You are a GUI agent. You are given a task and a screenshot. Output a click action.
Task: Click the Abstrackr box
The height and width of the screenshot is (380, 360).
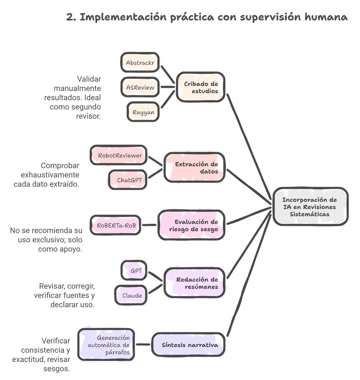click(x=140, y=63)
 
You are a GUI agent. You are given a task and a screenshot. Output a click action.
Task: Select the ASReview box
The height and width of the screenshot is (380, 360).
click(x=140, y=87)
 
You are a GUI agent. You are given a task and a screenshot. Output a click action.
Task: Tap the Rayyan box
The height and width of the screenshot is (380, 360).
click(x=143, y=111)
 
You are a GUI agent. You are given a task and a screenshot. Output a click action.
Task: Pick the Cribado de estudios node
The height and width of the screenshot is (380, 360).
click(x=201, y=87)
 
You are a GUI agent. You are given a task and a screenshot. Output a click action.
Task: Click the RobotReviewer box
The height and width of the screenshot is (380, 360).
click(x=118, y=155)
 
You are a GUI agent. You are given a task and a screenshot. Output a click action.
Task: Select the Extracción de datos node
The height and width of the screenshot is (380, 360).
click(x=195, y=168)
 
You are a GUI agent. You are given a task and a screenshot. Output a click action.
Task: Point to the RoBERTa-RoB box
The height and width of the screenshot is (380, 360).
click(x=115, y=225)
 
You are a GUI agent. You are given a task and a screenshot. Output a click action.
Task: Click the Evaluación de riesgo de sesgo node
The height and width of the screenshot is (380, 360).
click(x=192, y=225)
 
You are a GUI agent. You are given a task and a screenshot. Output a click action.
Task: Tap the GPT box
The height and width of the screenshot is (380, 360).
click(x=134, y=271)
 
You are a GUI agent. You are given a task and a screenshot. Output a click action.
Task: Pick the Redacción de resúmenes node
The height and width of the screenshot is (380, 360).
click(x=195, y=283)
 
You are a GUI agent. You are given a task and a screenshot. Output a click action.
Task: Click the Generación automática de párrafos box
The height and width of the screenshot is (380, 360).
click(x=106, y=345)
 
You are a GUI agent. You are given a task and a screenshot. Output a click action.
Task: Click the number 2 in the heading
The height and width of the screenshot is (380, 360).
click(x=70, y=18)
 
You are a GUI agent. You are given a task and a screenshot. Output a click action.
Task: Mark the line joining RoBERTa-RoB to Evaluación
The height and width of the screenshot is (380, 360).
click(x=149, y=225)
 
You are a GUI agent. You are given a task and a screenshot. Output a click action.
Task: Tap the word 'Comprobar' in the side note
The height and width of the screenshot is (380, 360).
click(x=60, y=166)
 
